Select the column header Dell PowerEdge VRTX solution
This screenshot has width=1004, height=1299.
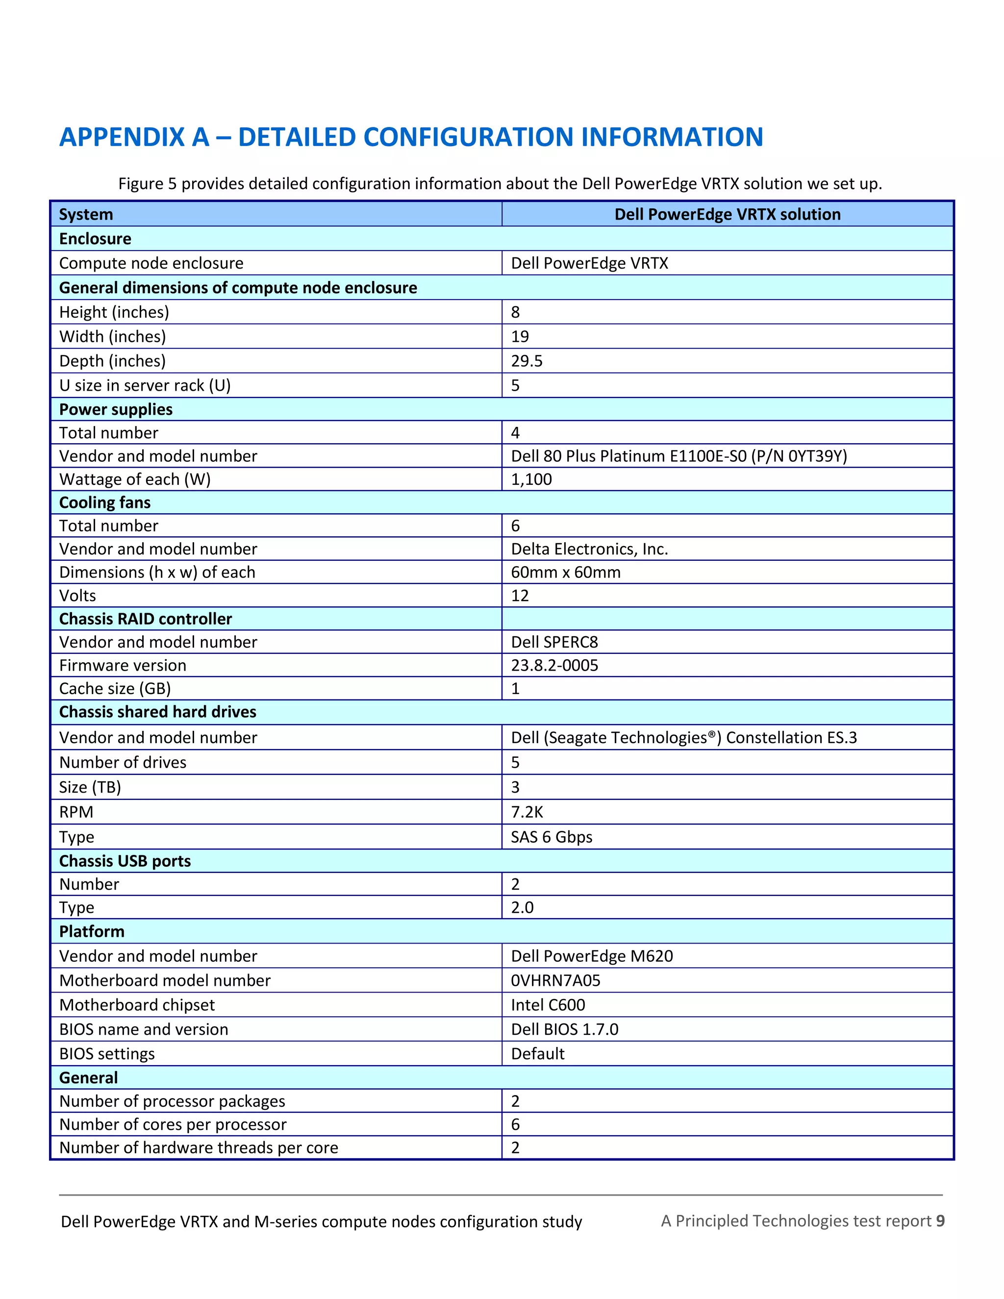tap(727, 214)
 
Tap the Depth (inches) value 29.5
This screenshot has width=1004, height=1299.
tap(527, 361)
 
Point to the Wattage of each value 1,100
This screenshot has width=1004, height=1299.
tap(531, 479)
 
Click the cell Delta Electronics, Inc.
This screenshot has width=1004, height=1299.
tap(589, 549)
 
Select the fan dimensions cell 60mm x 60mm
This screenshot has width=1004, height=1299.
tap(565, 572)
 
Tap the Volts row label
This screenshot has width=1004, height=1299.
tap(77, 596)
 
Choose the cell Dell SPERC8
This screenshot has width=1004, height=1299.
tap(554, 642)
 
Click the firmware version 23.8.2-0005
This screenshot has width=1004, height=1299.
tap(554, 665)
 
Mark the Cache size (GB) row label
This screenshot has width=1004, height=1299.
tap(115, 688)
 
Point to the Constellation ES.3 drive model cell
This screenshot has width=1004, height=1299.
tap(683, 738)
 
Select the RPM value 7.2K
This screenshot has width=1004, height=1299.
tap(527, 812)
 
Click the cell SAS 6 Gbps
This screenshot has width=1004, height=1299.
tap(552, 837)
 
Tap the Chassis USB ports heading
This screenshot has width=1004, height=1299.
tap(125, 861)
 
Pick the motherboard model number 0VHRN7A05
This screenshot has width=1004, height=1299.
tap(555, 980)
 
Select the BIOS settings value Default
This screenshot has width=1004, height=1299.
tap(538, 1053)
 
